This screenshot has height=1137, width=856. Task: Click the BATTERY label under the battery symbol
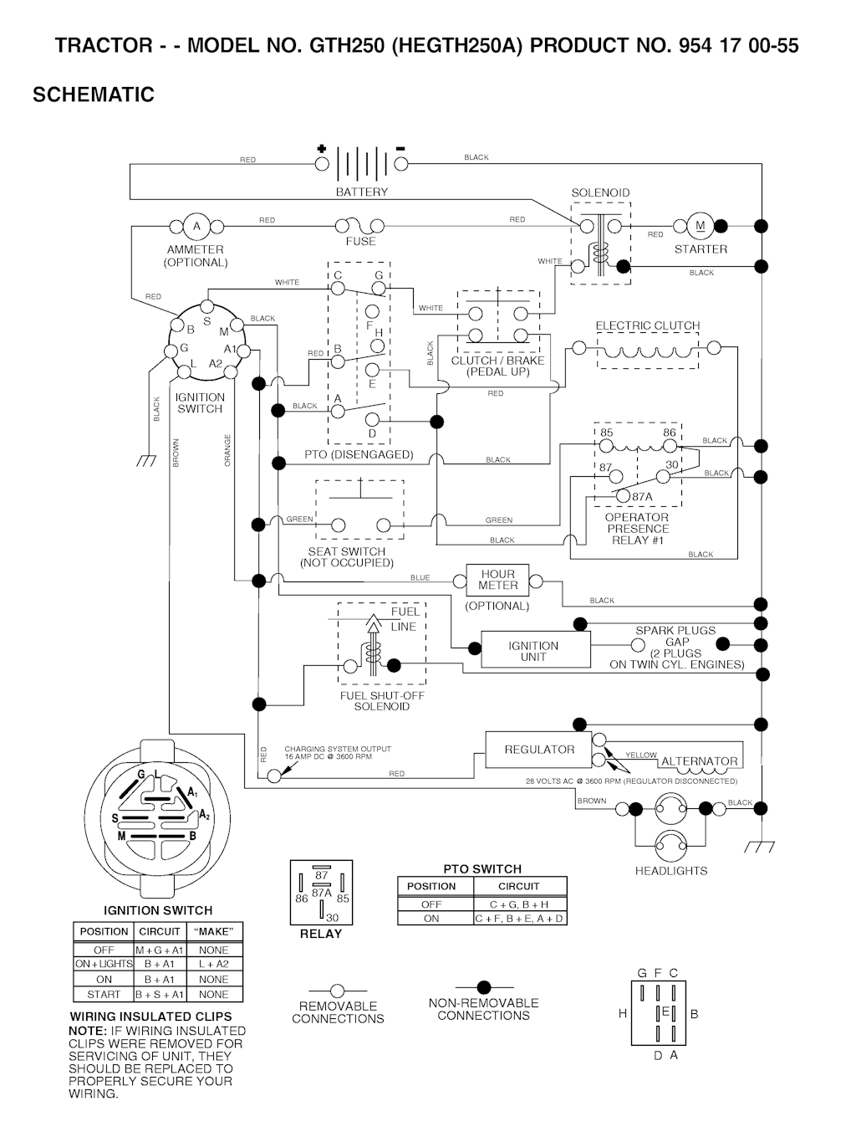362,192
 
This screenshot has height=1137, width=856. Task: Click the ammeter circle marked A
197,226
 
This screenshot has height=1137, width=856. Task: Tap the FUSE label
361,242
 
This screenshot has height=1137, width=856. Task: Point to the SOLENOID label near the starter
600,193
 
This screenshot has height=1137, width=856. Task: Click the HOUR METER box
498,580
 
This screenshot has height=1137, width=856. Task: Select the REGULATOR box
539,750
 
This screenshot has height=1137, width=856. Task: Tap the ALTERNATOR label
700,762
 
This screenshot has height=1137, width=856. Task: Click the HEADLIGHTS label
671,871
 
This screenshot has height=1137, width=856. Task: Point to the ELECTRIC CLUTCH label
648,326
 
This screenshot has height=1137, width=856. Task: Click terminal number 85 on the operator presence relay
607,433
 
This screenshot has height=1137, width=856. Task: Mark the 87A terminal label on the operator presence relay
642,496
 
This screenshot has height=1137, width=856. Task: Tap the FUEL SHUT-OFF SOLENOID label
382,701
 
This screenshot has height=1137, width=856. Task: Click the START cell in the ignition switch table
104,995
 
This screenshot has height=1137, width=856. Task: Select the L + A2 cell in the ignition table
214,964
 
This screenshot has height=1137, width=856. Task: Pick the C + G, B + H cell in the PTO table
519,904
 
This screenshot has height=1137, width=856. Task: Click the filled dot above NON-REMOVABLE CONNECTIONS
483,988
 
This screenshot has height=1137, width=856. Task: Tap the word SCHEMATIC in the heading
94,95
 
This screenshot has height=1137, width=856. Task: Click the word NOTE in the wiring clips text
87,1031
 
